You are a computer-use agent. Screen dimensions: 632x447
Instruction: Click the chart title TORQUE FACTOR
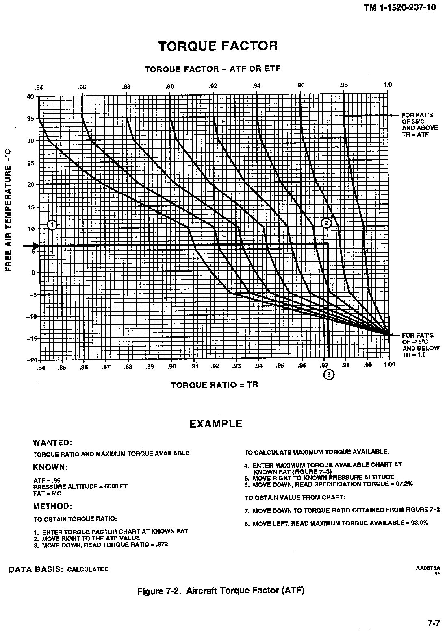pos(218,46)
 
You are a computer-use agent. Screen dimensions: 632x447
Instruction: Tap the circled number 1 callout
pos(52,224)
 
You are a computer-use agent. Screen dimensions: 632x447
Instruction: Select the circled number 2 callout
pos(326,222)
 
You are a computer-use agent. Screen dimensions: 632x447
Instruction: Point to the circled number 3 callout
pos(328,374)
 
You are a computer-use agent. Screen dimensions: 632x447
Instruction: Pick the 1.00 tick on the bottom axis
pos(389,365)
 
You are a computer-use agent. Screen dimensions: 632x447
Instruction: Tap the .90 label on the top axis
pos(170,86)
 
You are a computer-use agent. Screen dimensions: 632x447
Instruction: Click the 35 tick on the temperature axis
pos(30,119)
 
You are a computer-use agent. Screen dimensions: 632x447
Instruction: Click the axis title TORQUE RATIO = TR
pos(214,385)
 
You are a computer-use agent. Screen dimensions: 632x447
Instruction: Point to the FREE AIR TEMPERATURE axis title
pos(9,209)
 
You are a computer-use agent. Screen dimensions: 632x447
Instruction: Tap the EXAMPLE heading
pos(216,424)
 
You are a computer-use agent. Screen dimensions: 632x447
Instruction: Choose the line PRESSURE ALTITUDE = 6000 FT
pos(80,486)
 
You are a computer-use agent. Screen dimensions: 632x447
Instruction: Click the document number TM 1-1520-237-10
pos(400,7)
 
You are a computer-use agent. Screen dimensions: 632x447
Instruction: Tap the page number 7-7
pos(434,623)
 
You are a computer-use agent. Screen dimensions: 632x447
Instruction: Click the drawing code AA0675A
pos(428,568)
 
